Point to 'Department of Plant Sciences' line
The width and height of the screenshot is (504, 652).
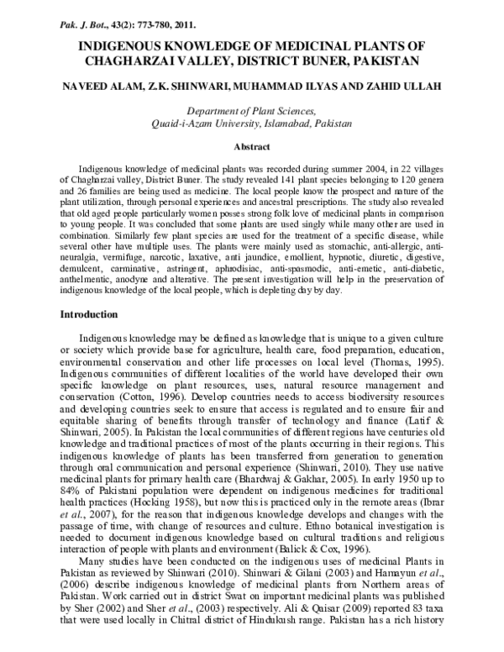251,111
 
